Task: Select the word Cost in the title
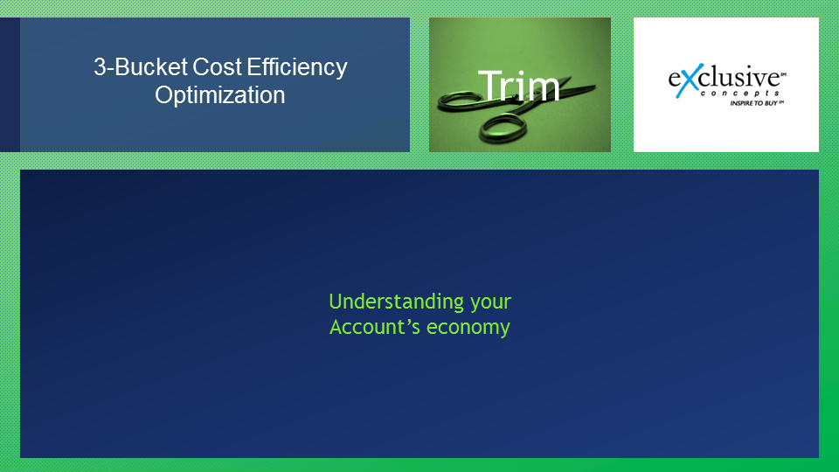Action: [218, 67]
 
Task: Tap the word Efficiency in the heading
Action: [297, 68]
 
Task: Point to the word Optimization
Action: [220, 95]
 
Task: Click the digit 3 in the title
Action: [99, 67]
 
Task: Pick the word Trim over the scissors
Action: [518, 86]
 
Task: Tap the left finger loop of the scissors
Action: [461, 101]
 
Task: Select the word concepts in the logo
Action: [739, 94]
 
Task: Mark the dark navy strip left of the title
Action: [10, 85]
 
